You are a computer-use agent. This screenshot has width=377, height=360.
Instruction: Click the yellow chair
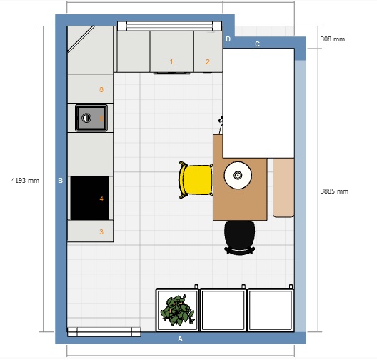point(196,179)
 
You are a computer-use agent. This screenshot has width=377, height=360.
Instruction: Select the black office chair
point(240,238)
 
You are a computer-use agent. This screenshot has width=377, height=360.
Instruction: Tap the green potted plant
point(178,310)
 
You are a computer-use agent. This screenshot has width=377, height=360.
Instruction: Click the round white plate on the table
point(238,175)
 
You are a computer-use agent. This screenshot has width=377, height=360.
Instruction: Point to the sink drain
point(86,118)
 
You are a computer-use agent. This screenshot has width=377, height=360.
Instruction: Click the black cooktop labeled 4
point(89,198)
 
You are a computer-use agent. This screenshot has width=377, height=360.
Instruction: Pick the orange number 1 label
point(171,62)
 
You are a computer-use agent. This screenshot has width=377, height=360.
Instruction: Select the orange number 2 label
point(208,62)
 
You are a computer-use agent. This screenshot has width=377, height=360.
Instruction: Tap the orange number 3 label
point(101,231)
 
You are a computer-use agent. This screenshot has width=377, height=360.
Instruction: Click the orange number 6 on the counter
point(101,89)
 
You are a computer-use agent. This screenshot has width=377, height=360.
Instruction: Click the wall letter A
point(180,339)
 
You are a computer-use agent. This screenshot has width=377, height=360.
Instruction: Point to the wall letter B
point(61,181)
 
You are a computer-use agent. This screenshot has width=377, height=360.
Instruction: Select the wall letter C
point(257,44)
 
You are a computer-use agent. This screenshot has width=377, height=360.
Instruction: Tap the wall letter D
point(228,39)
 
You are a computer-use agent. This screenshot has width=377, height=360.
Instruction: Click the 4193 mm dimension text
point(26,181)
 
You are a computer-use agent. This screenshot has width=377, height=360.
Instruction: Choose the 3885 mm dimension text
point(334,191)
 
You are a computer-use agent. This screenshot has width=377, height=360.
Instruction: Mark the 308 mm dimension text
point(333,39)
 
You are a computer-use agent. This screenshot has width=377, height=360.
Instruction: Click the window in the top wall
point(169,26)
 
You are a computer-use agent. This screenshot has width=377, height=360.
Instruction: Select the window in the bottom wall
point(104,332)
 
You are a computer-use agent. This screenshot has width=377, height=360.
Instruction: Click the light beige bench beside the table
point(283,188)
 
